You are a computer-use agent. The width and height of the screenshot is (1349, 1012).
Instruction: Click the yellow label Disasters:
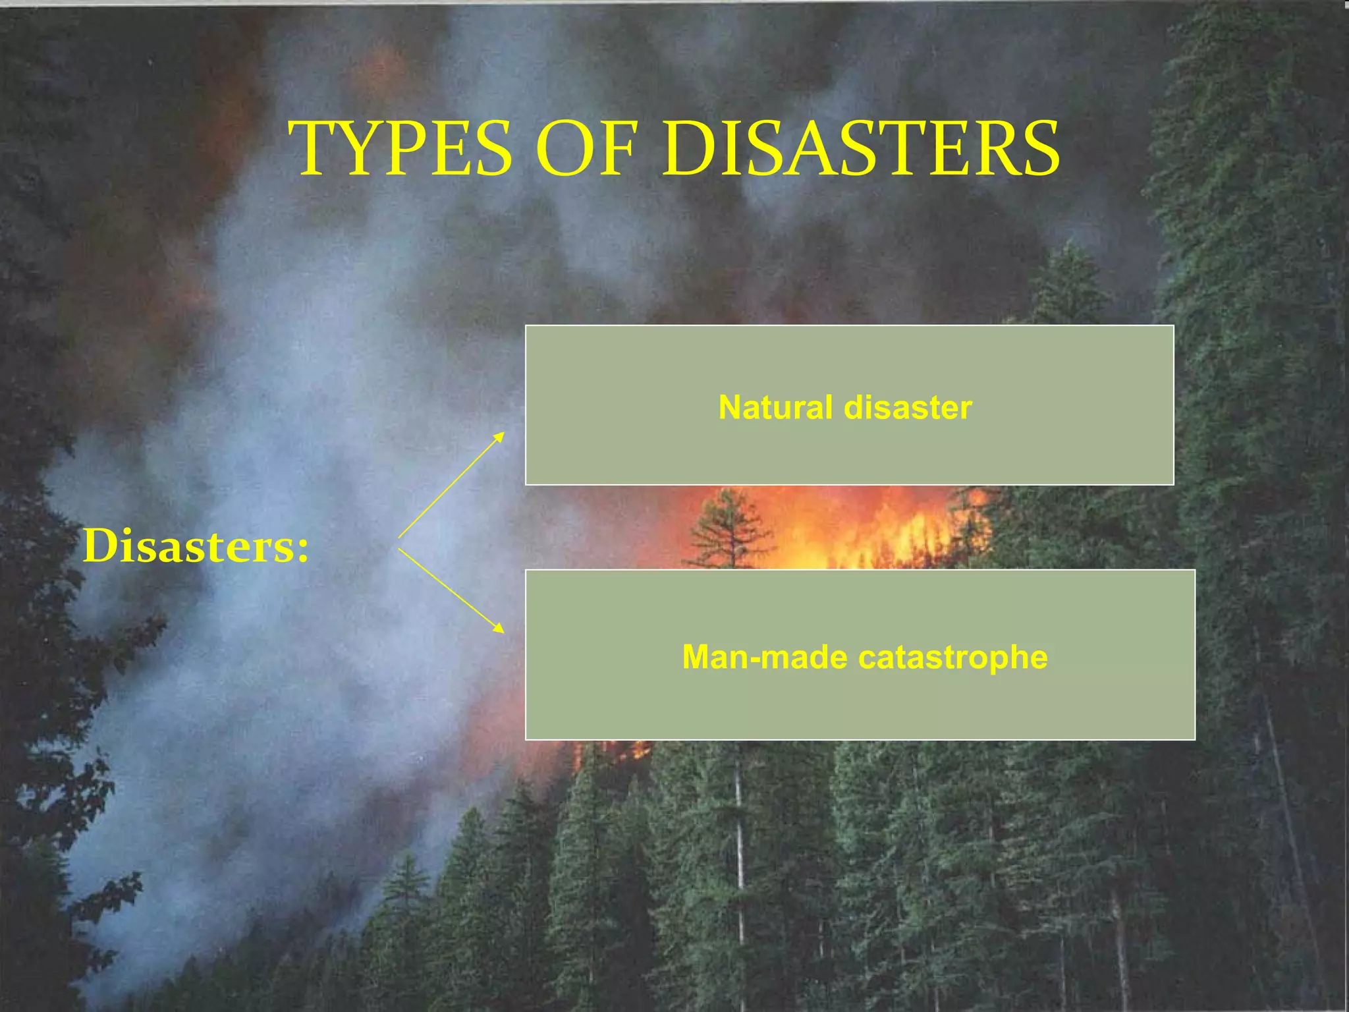[x=196, y=546]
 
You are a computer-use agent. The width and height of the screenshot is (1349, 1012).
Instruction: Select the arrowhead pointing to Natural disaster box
[x=500, y=436]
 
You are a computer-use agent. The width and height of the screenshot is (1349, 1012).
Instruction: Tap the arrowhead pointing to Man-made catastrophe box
[x=499, y=629]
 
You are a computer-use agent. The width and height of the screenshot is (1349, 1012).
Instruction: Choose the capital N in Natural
[x=730, y=407]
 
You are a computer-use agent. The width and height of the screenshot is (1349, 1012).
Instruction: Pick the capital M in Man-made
[x=697, y=657]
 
